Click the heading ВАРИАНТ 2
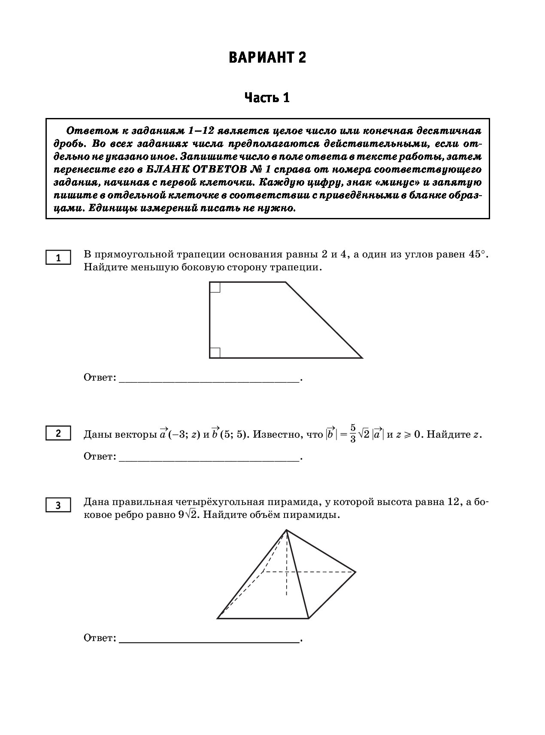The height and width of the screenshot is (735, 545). coord(267,58)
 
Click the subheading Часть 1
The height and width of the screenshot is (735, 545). coord(267,98)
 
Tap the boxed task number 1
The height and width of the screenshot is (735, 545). coord(59,258)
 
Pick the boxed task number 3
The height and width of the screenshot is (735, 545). coord(59,505)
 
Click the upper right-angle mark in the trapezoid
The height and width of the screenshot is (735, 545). coord(215,287)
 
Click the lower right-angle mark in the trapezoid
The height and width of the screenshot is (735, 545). coord(215,352)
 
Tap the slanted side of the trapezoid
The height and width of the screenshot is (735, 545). coord(324,320)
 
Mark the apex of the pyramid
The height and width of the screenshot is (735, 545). coord(286,530)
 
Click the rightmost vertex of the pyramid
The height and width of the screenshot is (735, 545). coord(355,572)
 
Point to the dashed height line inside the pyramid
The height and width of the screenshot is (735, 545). coord(286,566)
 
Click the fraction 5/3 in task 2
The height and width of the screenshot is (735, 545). coord(353,434)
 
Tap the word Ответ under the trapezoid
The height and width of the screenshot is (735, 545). coord(100,378)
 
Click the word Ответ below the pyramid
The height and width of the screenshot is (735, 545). coord(100,638)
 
